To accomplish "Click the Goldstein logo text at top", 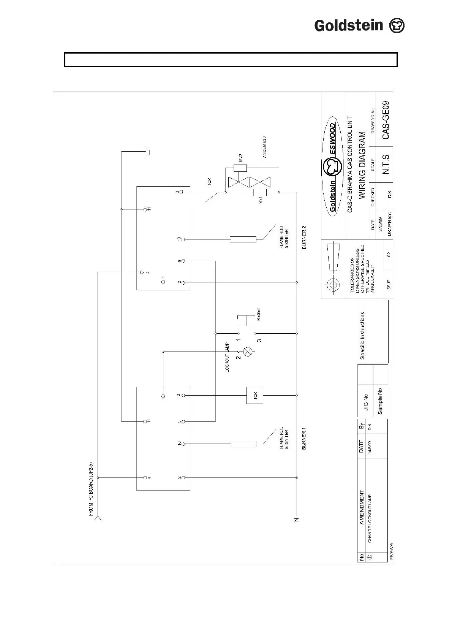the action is (349, 26).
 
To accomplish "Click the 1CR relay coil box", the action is (255, 395).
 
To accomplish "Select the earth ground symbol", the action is (148, 152).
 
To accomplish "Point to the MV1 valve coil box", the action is (260, 193).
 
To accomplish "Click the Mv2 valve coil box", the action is (240, 168).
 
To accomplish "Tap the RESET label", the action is (259, 315).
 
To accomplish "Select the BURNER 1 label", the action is (304, 439).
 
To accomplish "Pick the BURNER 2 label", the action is (304, 238).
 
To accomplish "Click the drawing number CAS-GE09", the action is (385, 119).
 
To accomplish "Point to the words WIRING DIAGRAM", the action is (362, 165).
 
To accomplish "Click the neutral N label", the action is (297, 519).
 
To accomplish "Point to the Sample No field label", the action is (380, 401).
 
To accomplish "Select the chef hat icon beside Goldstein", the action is (397, 26).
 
